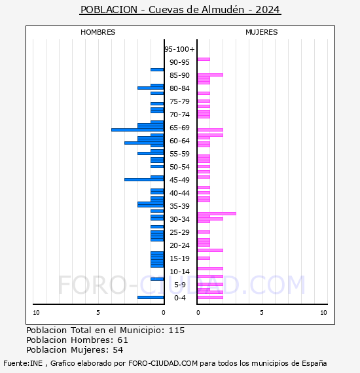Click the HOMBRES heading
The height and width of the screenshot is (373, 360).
(x=98, y=32)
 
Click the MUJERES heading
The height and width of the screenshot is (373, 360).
(x=262, y=32)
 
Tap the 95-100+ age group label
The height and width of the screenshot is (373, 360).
(x=179, y=49)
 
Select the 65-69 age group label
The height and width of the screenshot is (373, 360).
(x=179, y=128)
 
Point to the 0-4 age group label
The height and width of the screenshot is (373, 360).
(x=179, y=298)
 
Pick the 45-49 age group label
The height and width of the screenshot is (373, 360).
(x=179, y=180)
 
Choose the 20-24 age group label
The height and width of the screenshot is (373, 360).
(x=179, y=245)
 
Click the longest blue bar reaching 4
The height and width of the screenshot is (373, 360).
(x=137, y=130)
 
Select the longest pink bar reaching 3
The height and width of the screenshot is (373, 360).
(x=217, y=213)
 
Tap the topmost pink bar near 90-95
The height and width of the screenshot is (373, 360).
(x=204, y=60)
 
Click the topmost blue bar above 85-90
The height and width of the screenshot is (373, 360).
(x=157, y=70)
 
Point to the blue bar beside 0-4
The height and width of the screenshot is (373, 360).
(x=151, y=297)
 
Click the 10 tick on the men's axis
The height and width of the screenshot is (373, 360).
(x=36, y=313)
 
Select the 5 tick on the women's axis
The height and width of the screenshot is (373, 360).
(x=262, y=313)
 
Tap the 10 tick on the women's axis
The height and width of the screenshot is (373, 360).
(x=323, y=313)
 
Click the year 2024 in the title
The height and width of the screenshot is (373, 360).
(x=268, y=10)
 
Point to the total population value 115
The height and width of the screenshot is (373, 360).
(x=177, y=330)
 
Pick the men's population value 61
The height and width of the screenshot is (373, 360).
(x=122, y=340)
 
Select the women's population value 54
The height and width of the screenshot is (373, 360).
(x=118, y=350)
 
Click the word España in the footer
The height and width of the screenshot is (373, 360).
(x=314, y=363)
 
